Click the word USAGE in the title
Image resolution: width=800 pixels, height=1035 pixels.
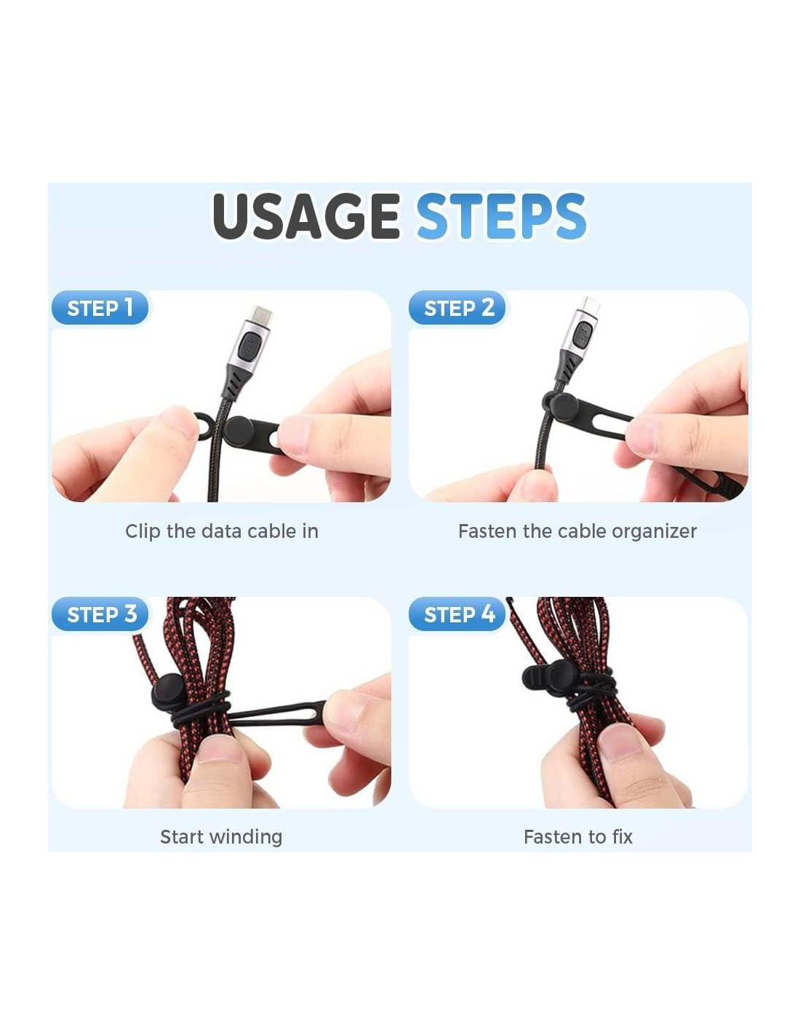(x=305, y=215)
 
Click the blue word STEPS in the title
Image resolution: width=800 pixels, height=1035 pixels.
(x=501, y=215)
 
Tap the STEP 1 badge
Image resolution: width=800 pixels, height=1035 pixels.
(x=100, y=308)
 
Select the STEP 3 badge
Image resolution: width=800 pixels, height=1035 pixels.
(x=100, y=614)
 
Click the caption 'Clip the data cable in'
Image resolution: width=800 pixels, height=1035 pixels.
(x=222, y=531)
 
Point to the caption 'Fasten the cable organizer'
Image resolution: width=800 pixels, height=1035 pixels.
(x=577, y=531)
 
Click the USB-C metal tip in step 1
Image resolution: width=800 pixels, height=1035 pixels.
(x=263, y=314)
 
